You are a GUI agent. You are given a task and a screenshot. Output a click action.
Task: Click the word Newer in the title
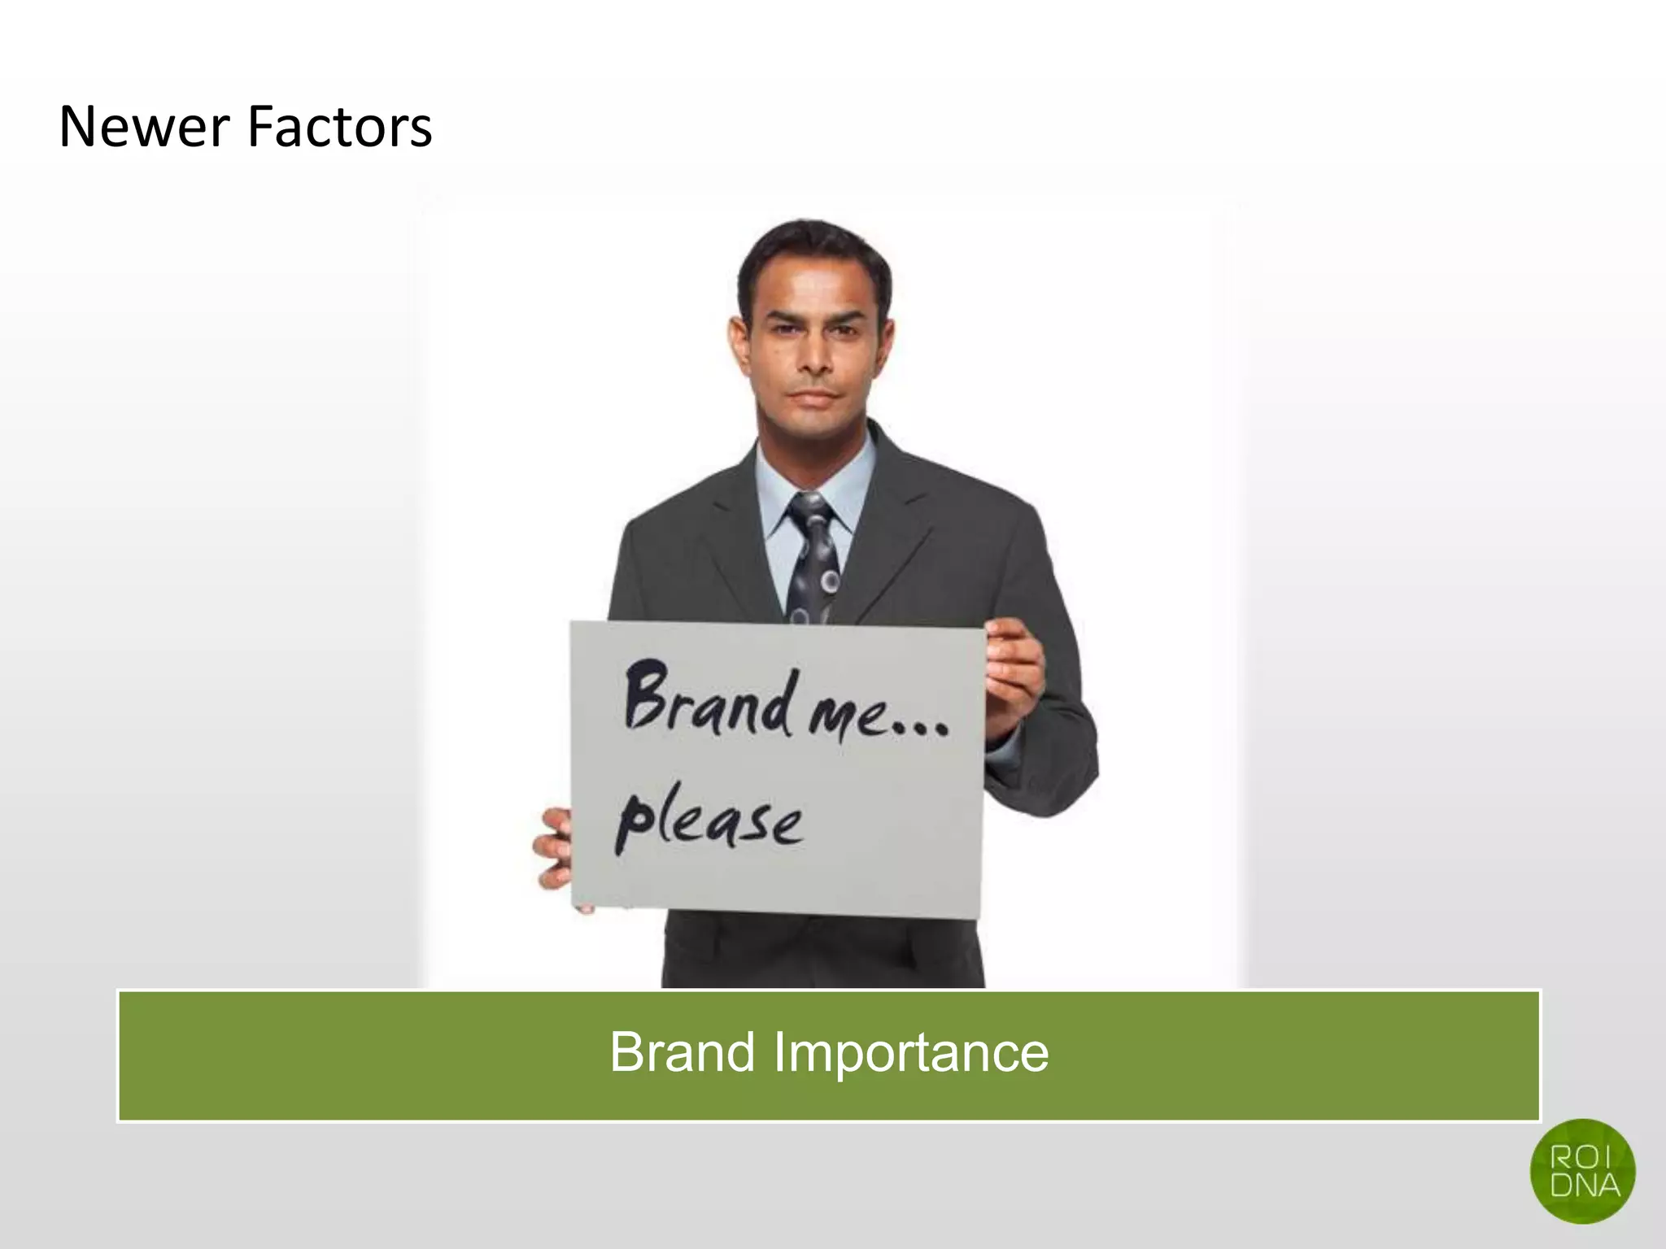pyautogui.click(x=142, y=128)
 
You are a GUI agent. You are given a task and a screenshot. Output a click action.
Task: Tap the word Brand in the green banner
pyautogui.click(x=682, y=1052)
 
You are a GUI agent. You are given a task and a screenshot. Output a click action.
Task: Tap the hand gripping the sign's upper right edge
pyautogui.click(x=1013, y=675)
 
